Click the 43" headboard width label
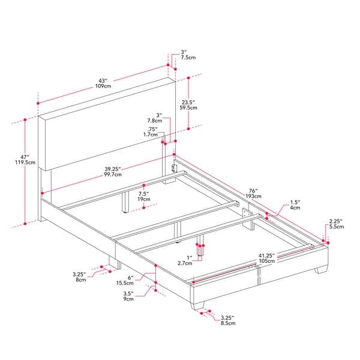pyautogui.click(x=103, y=80)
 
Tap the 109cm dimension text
pyautogui.click(x=103, y=87)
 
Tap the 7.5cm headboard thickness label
pyautogui.click(x=188, y=58)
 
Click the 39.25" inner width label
pyautogui.click(x=112, y=169)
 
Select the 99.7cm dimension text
pyautogui.click(x=112, y=175)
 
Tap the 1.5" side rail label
pyautogui.click(x=295, y=202)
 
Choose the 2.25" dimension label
pyautogui.click(x=335, y=221)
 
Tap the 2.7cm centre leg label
pyautogui.click(x=185, y=263)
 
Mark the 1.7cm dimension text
pyautogui.click(x=151, y=135)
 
